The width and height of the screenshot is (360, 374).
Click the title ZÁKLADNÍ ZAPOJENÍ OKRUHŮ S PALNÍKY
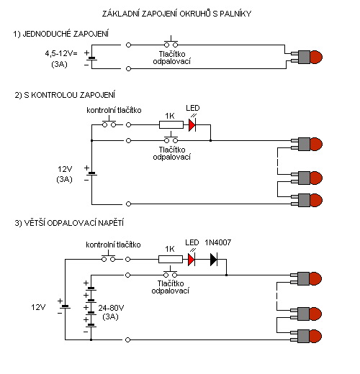pos(180,14)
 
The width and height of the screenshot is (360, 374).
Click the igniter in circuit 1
pos(305,57)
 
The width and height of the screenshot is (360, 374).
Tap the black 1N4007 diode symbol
pos(214,257)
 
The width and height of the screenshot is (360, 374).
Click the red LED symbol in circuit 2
pos(191,124)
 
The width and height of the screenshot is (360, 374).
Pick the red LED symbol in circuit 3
pos(192,257)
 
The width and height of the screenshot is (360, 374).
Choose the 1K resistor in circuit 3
pos(169,257)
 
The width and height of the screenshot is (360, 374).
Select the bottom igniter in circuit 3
pos(305,337)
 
